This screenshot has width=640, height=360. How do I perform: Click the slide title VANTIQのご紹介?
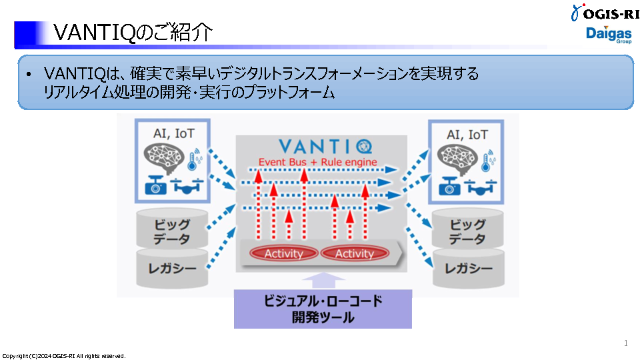pyautogui.click(x=133, y=33)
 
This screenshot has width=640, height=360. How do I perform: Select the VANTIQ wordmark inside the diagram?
pyautogui.click(x=326, y=146)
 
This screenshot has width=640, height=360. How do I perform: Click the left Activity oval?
pyautogui.click(x=284, y=253)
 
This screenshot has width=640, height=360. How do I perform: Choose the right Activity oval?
pyautogui.click(x=354, y=253)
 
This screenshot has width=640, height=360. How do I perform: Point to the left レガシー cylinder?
pyautogui.click(x=172, y=269)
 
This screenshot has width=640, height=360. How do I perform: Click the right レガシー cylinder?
pyautogui.click(x=467, y=269)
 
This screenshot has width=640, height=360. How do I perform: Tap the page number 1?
pyautogui.click(x=626, y=343)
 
